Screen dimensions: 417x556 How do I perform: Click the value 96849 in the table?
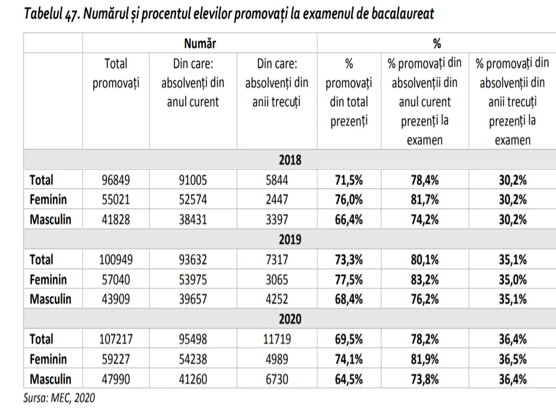[x=116, y=180]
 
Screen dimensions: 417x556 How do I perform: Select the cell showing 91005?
[x=193, y=180]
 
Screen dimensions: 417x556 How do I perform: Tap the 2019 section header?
[x=290, y=240]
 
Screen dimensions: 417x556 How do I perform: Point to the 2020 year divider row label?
[x=290, y=319]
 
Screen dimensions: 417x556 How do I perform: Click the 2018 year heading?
[x=290, y=160]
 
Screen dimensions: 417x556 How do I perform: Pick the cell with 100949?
[x=116, y=259]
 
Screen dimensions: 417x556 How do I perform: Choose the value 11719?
[x=277, y=339]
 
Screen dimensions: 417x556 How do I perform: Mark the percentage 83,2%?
[x=424, y=279]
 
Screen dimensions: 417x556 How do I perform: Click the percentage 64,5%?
[x=349, y=379]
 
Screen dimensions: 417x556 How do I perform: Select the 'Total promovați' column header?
[x=116, y=73]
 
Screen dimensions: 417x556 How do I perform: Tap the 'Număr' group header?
[x=200, y=44]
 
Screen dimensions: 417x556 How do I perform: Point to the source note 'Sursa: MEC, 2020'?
[x=59, y=398]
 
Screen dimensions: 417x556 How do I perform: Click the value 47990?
[x=116, y=379]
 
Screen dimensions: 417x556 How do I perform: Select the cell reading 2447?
[x=277, y=200]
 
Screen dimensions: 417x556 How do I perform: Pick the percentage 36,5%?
[x=512, y=359]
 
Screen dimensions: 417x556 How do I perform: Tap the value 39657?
[x=193, y=299]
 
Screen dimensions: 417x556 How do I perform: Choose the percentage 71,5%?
[x=349, y=180]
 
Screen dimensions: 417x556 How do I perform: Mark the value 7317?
[x=277, y=259]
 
